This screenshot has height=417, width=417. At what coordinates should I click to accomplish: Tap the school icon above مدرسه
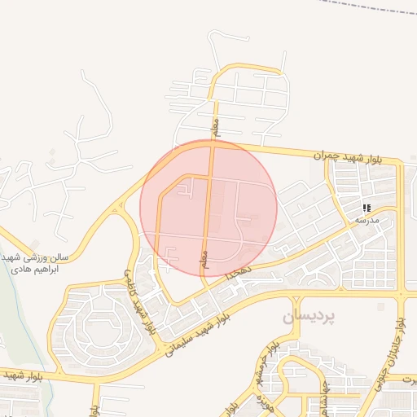367,208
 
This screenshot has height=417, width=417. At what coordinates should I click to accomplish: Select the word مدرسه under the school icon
367,220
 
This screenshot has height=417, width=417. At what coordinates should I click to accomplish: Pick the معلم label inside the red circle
204,259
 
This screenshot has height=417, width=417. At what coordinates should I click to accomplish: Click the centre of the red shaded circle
208,208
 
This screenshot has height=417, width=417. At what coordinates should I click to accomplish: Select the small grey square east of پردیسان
380,307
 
